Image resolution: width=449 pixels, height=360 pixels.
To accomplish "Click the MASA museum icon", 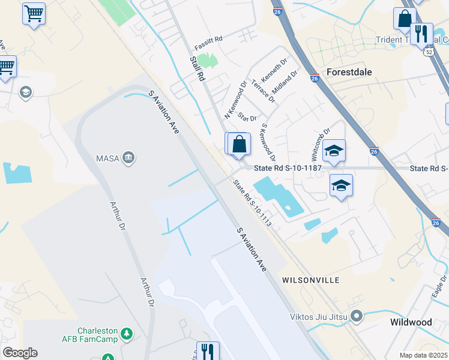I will [128, 158].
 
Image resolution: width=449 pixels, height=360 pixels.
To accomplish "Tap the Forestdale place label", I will [349, 72].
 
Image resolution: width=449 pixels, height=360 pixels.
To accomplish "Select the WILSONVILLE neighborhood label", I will [311, 280].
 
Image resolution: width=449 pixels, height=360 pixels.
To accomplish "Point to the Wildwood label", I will [411, 322].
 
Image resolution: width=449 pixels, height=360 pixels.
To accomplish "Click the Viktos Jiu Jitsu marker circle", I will [357, 315].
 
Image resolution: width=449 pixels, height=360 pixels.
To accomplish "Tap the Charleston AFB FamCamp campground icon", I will [126, 333].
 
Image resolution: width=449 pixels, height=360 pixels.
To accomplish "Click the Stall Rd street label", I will [197, 68].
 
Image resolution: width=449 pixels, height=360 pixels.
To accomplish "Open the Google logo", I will [20, 353].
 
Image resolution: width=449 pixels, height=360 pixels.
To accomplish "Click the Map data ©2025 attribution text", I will [423, 355].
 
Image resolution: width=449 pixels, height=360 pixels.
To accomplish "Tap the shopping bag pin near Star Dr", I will [239, 145].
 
